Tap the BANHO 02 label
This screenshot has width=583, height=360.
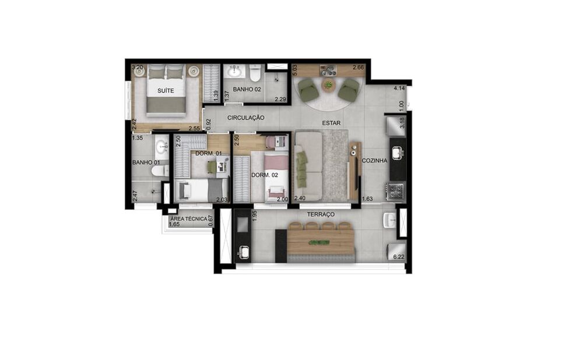click(x=247, y=89)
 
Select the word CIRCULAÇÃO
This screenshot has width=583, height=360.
click(x=245, y=117)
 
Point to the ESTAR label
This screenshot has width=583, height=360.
click(x=331, y=123)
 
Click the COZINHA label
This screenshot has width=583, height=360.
click(x=374, y=160)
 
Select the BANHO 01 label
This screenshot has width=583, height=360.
click(x=146, y=163)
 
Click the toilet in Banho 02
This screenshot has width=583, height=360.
click(x=254, y=73)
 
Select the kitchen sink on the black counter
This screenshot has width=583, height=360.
click(x=398, y=153)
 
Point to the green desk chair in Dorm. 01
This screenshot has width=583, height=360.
click(x=212, y=167)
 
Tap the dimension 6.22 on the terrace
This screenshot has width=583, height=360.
click(x=399, y=256)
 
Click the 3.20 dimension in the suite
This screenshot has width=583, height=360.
click(x=138, y=68)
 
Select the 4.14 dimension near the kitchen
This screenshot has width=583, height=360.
click(x=399, y=89)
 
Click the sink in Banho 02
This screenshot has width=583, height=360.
click(x=235, y=72)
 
